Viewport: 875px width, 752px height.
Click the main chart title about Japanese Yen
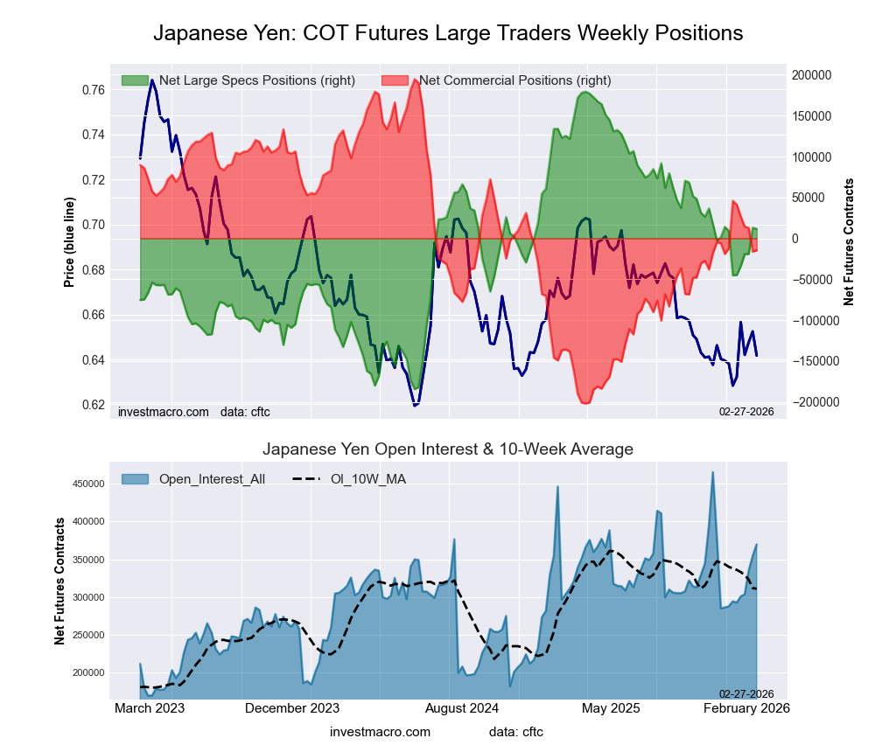tap(448, 33)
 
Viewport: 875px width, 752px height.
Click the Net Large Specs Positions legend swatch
tap(136, 80)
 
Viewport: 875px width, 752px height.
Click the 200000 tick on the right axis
tap(812, 75)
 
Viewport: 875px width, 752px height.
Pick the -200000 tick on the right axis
tap(814, 402)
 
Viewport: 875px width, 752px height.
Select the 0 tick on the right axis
tap(795, 239)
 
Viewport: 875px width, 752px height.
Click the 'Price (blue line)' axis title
tap(69, 242)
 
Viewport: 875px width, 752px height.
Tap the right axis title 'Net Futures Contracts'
tap(849, 242)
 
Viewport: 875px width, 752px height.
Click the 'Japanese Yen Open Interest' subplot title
tap(448, 449)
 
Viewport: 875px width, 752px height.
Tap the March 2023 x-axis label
tap(150, 708)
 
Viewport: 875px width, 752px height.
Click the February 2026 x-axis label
tap(746, 708)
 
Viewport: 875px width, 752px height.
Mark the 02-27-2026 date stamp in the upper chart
tap(746, 411)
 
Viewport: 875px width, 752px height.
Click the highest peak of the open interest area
tap(713, 473)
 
